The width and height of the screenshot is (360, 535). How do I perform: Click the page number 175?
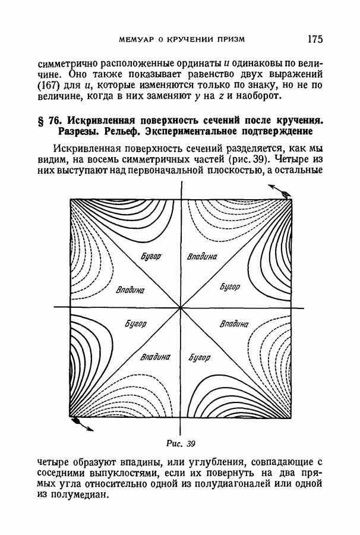coord(314,39)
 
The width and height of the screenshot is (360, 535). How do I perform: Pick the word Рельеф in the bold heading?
coord(109,131)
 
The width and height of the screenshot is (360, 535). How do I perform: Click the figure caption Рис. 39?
coord(181,443)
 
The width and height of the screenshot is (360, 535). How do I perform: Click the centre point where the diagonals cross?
coord(181,307)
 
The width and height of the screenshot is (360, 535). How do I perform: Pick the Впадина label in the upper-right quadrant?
coord(202,257)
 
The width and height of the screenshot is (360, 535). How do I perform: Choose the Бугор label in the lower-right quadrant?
coord(201,358)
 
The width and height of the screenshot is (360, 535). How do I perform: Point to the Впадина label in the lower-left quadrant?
coord(155,358)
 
